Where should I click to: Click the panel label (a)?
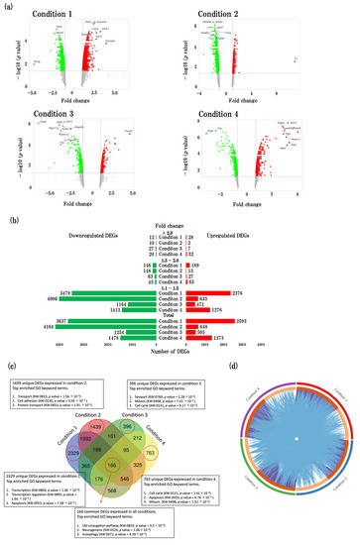point(11,5)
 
